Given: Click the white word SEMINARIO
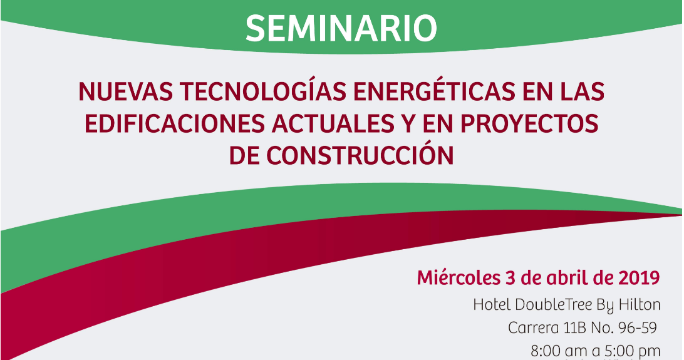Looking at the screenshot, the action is pos(341,29).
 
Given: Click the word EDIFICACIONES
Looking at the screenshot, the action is pos(175,123).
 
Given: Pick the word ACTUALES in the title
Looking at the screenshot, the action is pos(333,123).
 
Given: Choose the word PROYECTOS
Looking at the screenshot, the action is pos(529,123).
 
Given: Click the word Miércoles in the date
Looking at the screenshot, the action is pos(459,277).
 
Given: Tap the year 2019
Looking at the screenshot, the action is pos(639,277).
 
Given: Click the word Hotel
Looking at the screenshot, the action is pos(492,305).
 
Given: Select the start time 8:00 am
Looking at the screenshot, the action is pos(559,351).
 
